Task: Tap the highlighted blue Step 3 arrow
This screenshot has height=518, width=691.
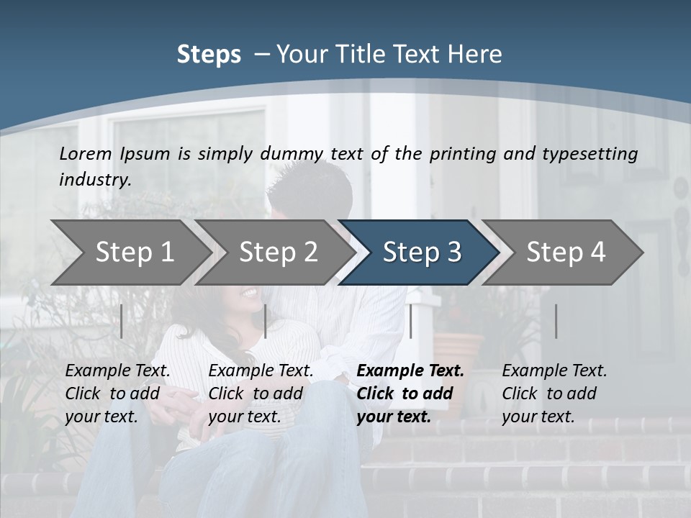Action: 422,253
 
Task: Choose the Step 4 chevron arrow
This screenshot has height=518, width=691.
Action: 566,253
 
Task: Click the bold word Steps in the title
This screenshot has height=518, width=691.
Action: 209,55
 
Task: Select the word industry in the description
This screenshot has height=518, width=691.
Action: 94,180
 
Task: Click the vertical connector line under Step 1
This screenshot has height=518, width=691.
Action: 122,321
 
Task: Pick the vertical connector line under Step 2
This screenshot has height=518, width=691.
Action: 266,321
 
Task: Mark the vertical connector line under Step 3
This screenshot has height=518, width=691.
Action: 410,321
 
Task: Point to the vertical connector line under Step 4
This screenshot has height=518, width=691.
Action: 556,321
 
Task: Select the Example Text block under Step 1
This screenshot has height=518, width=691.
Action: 117,394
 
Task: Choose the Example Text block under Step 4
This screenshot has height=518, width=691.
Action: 554,394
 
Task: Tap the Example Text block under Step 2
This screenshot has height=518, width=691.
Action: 261,394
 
